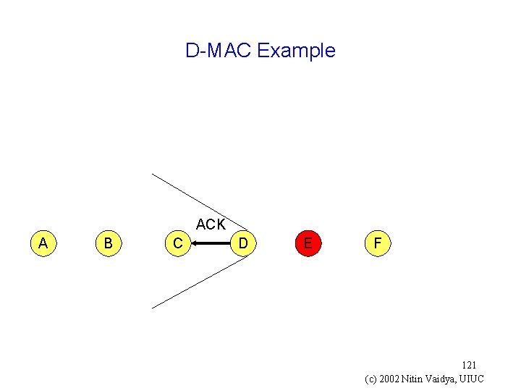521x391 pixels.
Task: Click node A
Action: pyautogui.click(x=43, y=243)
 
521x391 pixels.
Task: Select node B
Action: pyautogui.click(x=108, y=243)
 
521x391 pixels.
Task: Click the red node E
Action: pyautogui.click(x=308, y=243)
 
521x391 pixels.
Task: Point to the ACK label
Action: pyautogui.click(x=211, y=224)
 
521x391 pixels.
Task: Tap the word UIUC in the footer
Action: pyautogui.click(x=471, y=379)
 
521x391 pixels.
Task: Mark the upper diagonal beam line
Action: pyautogui.click(x=195, y=200)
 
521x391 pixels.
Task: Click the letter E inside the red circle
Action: pyautogui.click(x=308, y=243)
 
